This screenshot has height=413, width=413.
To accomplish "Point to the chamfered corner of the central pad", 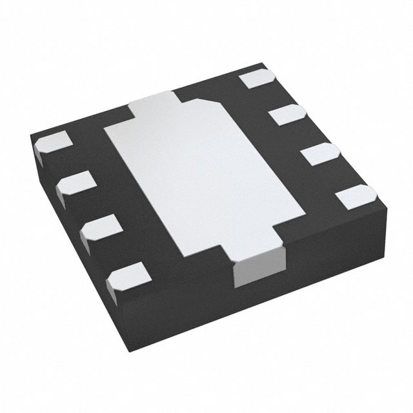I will [205, 103].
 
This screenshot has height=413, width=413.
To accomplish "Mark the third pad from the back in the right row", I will [319, 155].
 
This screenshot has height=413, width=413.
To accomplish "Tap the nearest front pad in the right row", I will [355, 196].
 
